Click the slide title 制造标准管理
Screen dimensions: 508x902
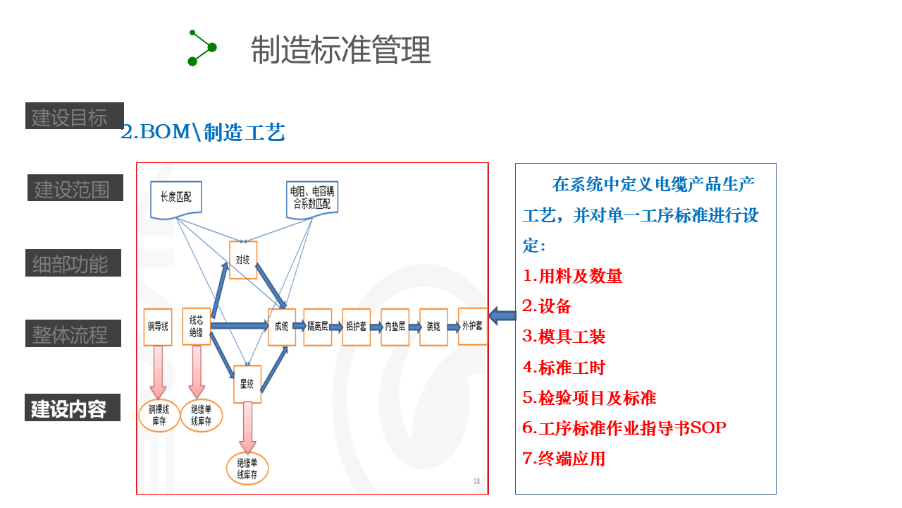340,50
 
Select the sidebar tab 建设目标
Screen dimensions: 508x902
74,116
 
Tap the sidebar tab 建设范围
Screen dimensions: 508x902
75,188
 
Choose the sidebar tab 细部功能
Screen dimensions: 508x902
73,263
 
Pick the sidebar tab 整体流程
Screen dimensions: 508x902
73,334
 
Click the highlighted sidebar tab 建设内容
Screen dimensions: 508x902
73,408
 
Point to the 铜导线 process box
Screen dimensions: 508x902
157,327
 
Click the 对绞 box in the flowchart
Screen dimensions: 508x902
243,260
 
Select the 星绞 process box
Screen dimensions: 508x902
247,384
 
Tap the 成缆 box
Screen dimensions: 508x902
281,327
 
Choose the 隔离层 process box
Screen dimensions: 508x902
318,327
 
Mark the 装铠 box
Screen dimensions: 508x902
433,327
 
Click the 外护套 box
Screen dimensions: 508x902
472,326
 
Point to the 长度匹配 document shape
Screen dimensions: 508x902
175,198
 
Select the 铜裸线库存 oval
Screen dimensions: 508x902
159,416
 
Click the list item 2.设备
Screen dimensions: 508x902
547,306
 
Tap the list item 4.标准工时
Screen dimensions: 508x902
564,367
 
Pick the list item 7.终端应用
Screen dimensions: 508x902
564,459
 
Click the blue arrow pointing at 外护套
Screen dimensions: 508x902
502,316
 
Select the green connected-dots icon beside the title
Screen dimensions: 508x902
202,47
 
